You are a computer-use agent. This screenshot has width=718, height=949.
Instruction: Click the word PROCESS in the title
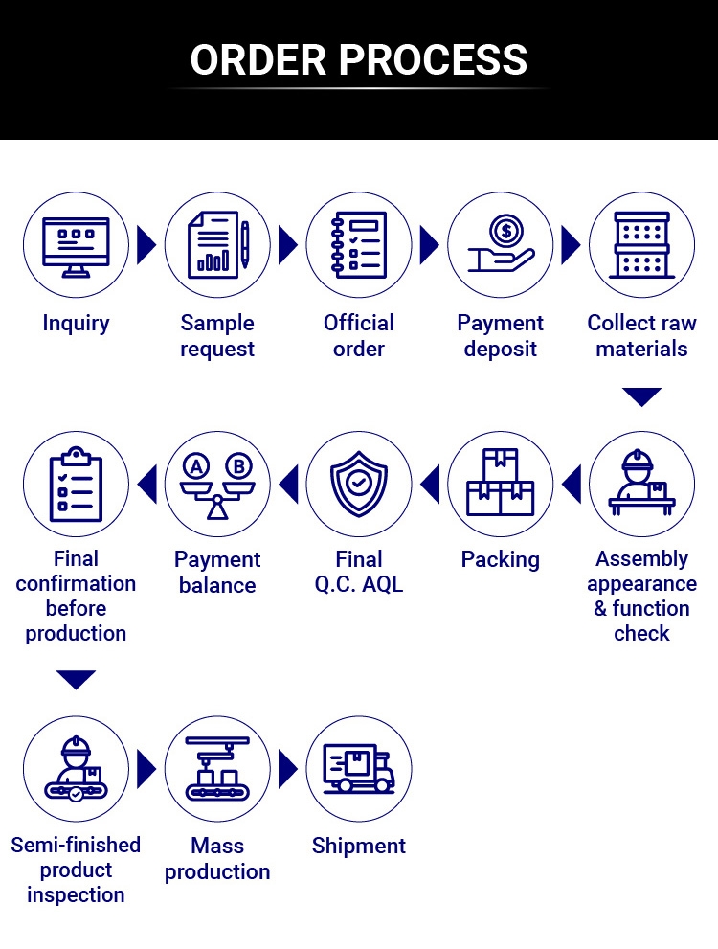[433, 59]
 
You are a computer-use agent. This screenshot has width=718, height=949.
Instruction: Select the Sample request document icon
[218, 244]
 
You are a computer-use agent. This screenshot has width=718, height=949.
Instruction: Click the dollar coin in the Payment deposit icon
[506, 230]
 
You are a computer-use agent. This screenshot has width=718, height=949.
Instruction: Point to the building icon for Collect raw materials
[641, 244]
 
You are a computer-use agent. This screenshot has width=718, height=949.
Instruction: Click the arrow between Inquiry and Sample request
[146, 245]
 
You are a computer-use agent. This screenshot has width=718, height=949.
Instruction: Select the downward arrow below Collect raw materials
[641, 397]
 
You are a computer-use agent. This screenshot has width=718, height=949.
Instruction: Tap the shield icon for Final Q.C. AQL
[359, 485]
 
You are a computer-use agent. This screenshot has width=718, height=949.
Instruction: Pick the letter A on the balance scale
[196, 466]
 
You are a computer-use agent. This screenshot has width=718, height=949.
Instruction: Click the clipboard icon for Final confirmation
[76, 485]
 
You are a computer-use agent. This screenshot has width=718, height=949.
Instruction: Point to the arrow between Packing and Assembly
[572, 484]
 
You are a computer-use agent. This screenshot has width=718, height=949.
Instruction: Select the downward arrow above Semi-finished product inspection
[76, 680]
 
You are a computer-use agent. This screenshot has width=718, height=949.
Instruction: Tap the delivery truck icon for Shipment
[359, 768]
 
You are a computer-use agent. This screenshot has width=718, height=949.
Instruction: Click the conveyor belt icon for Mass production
[217, 769]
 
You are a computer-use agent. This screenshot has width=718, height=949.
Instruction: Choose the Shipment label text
[359, 846]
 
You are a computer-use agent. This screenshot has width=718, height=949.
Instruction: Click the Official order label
[359, 335]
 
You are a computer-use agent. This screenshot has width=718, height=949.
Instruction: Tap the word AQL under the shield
[382, 584]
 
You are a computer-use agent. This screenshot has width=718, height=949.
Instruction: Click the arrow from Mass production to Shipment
[288, 769]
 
